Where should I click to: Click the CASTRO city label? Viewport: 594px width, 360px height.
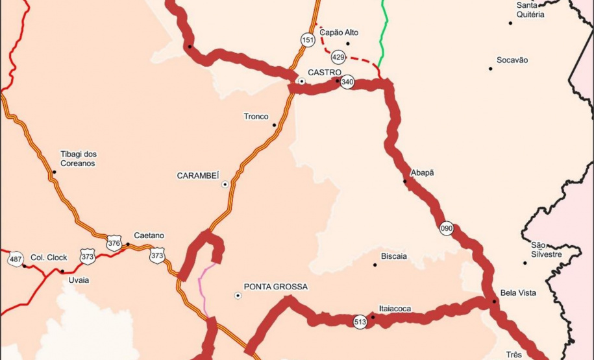[325, 72]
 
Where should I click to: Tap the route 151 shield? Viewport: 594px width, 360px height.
[308, 40]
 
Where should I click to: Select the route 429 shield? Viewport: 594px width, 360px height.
[338, 56]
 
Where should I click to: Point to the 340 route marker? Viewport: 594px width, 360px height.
[347, 82]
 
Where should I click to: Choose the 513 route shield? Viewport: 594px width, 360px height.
[360, 322]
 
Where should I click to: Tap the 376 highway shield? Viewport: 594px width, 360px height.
[114, 244]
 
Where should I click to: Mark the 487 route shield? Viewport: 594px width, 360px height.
[16, 259]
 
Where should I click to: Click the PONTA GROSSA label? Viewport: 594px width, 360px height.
[275, 287]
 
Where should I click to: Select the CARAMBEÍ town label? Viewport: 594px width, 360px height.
[198, 176]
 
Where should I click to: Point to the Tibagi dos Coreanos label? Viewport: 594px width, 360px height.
[78, 159]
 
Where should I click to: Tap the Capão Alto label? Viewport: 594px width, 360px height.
[339, 32]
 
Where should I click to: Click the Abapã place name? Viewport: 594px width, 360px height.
[422, 173]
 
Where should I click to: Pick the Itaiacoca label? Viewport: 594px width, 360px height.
[395, 309]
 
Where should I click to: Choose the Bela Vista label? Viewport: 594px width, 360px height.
[518, 293]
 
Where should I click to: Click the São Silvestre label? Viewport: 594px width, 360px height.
[546, 250]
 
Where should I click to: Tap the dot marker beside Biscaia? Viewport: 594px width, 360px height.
[375, 265]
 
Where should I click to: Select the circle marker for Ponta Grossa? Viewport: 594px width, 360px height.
[238, 296]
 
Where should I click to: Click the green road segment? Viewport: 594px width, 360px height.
[385, 32]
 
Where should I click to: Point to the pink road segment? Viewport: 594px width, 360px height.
[203, 285]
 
